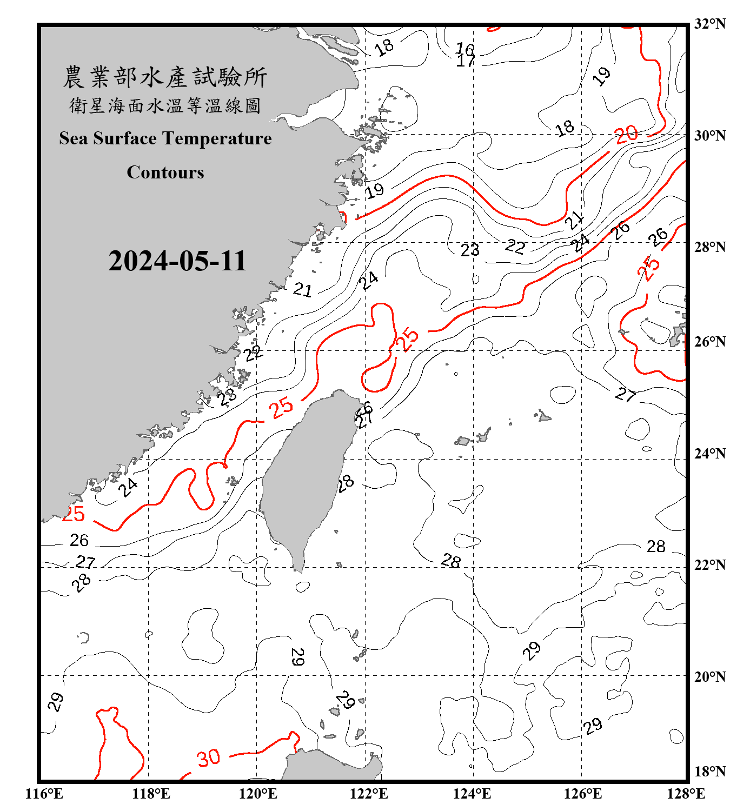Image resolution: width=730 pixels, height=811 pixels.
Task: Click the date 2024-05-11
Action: (x=177, y=261)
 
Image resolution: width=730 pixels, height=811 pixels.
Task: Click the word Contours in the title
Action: (x=165, y=172)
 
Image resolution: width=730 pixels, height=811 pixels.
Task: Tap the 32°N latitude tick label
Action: (x=710, y=24)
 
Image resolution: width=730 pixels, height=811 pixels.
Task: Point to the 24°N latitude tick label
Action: (x=710, y=453)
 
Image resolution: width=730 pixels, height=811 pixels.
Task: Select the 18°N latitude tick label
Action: (x=710, y=771)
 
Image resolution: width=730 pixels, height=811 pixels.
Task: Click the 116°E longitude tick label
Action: (x=44, y=794)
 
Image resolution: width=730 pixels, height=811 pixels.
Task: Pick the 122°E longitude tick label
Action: (x=369, y=794)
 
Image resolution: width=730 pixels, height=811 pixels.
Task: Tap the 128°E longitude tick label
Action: (x=686, y=794)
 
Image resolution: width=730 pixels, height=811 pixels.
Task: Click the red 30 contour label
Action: (x=209, y=758)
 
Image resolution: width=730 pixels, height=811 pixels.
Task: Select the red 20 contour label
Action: (x=626, y=134)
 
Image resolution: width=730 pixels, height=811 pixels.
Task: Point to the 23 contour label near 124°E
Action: (x=470, y=250)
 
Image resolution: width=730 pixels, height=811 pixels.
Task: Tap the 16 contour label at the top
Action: (x=464, y=50)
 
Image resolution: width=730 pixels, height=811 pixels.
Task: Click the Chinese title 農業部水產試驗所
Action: (x=165, y=77)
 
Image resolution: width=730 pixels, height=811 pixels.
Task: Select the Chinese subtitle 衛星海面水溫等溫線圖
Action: (x=165, y=105)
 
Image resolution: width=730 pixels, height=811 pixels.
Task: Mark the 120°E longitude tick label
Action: (x=258, y=794)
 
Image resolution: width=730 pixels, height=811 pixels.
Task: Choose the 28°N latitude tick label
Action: (x=710, y=247)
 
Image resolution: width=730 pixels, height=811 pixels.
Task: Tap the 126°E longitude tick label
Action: (x=582, y=794)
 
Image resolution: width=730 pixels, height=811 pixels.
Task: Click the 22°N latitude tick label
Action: (x=710, y=565)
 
